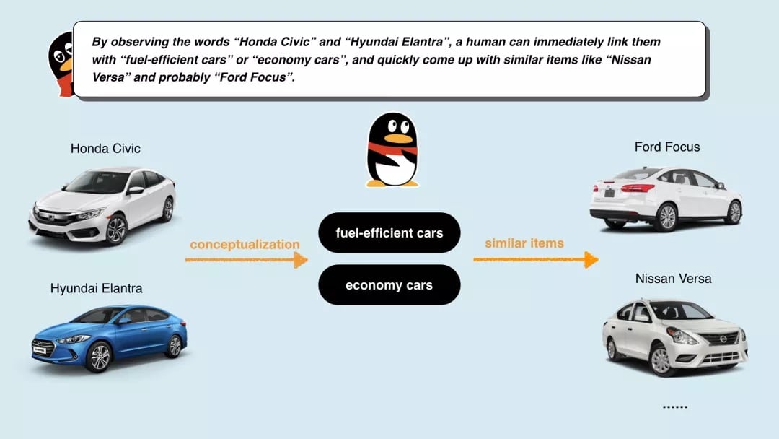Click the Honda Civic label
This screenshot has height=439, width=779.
[x=105, y=149]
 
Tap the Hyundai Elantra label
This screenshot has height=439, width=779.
[x=96, y=288]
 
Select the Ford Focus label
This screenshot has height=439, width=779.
[x=666, y=147]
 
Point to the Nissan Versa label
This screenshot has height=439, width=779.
[x=673, y=279]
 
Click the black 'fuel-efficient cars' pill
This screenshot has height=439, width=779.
[x=389, y=233]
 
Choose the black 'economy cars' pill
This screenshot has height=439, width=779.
[x=389, y=285]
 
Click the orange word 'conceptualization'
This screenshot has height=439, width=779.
[x=245, y=245]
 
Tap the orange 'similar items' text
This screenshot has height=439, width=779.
[x=524, y=243]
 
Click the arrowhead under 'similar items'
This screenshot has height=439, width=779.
[x=591, y=259]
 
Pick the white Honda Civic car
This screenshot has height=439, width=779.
[x=102, y=204]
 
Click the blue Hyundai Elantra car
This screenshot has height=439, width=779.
[x=109, y=338]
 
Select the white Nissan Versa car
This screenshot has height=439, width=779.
[x=674, y=336]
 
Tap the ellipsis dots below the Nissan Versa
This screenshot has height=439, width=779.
[x=674, y=407]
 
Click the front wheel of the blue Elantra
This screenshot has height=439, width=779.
[x=98, y=357]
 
